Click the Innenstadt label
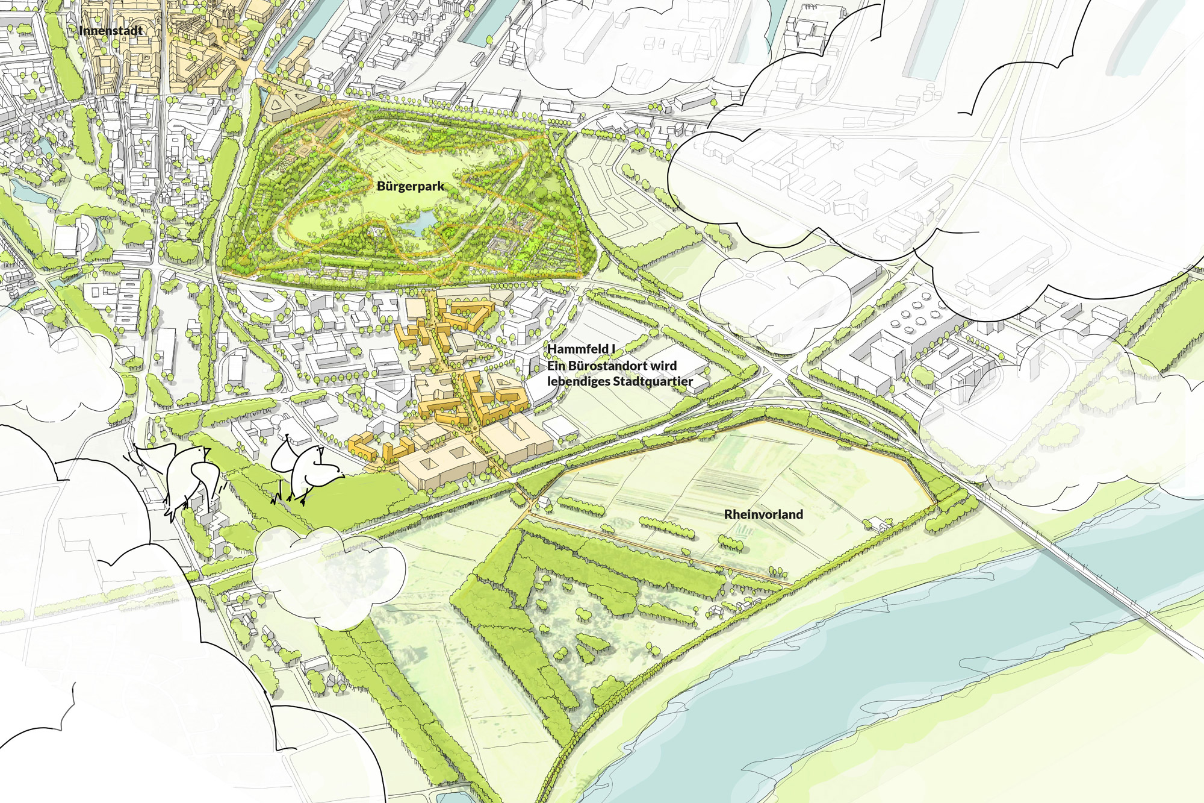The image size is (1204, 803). tap(111, 31)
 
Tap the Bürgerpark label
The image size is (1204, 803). tap(411, 187)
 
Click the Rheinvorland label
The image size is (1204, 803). tap(763, 514)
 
